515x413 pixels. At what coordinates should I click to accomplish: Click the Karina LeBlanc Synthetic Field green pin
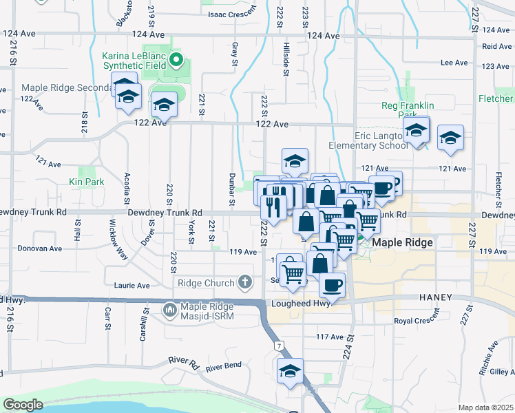pos(176,60)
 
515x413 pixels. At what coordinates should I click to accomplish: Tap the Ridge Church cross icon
pos(244,282)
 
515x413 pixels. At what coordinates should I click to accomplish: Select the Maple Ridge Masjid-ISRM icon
pos(170,311)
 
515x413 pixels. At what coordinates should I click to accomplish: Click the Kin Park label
pos(86,182)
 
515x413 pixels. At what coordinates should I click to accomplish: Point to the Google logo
pos(23,405)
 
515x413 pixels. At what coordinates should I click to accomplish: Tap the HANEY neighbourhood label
pos(434,298)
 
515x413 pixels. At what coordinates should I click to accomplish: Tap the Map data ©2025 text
pos(486,407)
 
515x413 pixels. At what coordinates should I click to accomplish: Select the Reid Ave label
pos(497,46)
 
